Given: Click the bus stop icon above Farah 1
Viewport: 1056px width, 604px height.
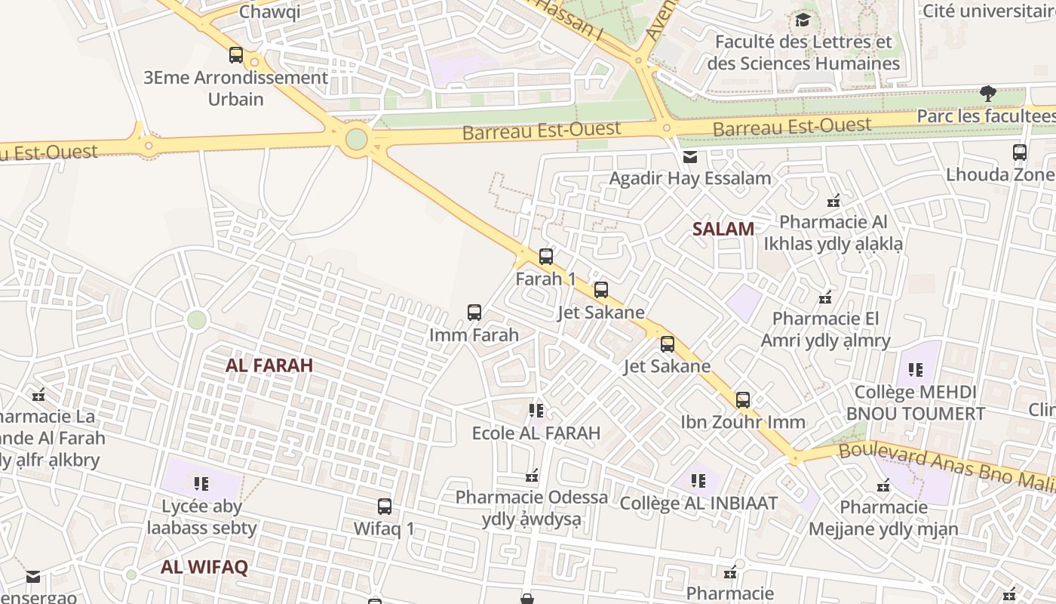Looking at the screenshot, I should coord(546,257).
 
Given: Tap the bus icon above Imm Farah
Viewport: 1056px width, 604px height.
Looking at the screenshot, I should coord(474,313).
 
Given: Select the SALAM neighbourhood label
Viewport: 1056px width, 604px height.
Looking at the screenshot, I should coord(723,230).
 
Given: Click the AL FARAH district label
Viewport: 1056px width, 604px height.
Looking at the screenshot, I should coord(269,365).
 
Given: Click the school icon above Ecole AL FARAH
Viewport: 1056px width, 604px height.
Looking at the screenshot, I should coord(536,411).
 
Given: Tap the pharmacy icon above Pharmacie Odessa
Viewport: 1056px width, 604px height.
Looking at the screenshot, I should coord(532,476).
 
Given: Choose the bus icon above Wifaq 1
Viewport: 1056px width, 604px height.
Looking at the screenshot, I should coord(385,507).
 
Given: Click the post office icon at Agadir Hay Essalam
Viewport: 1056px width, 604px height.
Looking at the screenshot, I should coord(689,157).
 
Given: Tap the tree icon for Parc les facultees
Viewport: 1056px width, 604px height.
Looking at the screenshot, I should coord(987,94).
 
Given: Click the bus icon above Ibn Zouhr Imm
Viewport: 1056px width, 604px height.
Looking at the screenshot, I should coord(743,400).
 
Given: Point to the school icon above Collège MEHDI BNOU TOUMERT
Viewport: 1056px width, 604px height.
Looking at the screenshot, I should coord(916,370).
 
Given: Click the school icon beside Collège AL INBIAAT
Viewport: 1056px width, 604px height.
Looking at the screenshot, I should coord(698,481).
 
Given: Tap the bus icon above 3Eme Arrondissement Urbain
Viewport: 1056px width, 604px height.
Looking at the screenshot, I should coord(236,55).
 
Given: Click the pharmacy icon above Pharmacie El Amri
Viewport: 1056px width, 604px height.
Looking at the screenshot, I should coord(826,297).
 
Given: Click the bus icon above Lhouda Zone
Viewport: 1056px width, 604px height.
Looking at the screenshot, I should coord(1020,153).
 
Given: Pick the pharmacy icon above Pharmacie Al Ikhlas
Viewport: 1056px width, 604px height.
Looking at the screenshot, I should coord(833,201).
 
